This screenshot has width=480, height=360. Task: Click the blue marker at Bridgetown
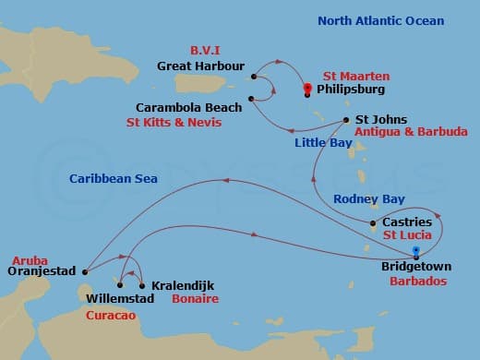pos(416,251)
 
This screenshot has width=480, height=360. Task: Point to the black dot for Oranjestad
pos(84,272)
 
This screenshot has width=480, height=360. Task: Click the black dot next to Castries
pos(372,223)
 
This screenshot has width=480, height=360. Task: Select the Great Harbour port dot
pos(253,66)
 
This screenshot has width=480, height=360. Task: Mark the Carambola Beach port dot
pos(251,101)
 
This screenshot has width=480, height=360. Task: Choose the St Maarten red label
pos(356,75)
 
